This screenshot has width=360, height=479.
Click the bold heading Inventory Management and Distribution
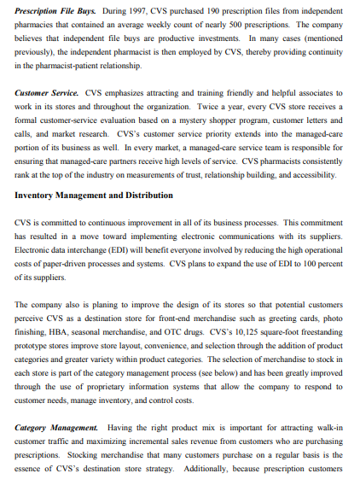(x=94, y=195)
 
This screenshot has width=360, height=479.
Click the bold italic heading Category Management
(x=55, y=424)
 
